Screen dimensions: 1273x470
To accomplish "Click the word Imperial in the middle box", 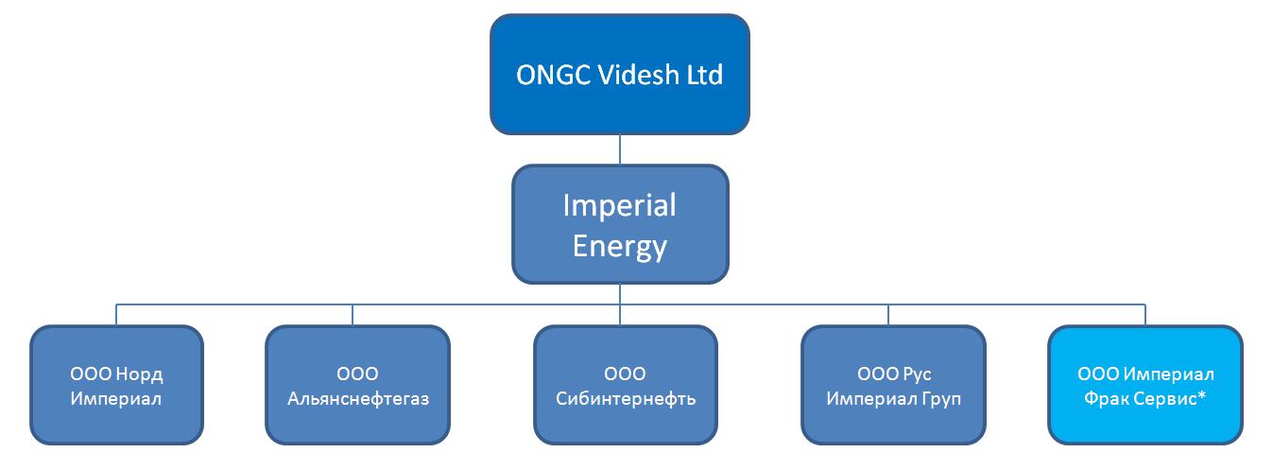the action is click(x=619, y=205).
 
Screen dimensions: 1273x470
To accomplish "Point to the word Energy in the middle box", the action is click(x=619, y=248).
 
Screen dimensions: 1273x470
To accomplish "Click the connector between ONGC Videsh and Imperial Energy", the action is click(x=619, y=149).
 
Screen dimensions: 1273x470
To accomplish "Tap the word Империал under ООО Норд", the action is click(x=116, y=398).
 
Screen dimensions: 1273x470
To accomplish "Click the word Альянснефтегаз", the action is click(x=358, y=399).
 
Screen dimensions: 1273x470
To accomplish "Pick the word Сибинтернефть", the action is click(x=626, y=399).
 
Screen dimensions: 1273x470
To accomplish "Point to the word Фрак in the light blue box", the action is click(x=1106, y=398).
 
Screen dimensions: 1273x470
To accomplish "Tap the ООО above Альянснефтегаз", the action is click(x=357, y=374).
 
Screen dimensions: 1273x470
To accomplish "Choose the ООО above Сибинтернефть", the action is click(x=625, y=374).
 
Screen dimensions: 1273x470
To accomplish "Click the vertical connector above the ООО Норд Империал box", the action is click(x=116, y=315).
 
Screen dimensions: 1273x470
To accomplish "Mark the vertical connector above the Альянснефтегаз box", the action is click(x=353, y=315).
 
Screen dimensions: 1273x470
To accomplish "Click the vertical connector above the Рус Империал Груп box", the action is click(x=888, y=315).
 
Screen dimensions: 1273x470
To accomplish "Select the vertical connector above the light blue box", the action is click(x=1145, y=315).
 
